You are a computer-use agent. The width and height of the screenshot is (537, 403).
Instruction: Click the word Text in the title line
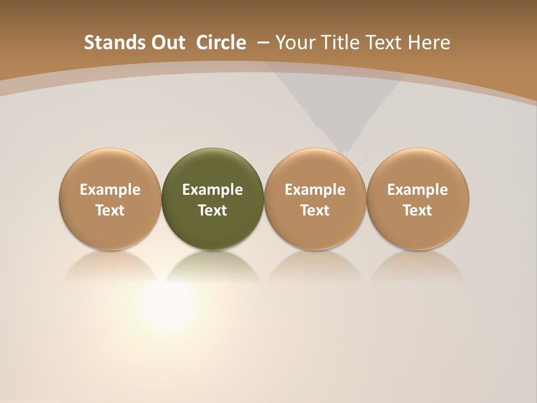385,43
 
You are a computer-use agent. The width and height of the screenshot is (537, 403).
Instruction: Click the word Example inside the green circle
213,190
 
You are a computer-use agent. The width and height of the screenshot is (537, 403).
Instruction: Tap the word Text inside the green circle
213,210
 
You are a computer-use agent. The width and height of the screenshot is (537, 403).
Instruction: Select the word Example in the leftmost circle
110,190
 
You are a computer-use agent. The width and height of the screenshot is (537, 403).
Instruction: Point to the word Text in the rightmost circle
418,210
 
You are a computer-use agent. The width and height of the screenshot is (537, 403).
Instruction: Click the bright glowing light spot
166,303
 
